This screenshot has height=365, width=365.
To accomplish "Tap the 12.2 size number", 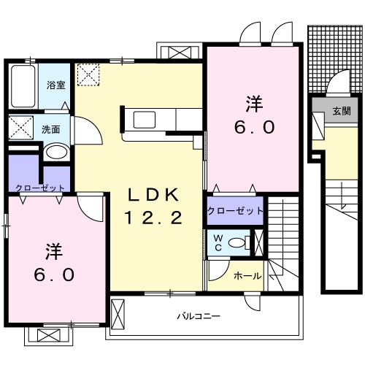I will click(x=154, y=217).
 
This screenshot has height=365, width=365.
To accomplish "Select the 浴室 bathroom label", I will click(x=56, y=85).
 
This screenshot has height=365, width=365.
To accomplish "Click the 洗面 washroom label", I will click(x=50, y=129).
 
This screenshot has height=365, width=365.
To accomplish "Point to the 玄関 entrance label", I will click(x=341, y=111).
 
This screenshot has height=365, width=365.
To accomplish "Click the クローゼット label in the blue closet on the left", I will click(x=39, y=188).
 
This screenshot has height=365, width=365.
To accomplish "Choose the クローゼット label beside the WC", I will click(x=234, y=211).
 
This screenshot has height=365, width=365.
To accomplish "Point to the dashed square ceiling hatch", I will click(x=90, y=74).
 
